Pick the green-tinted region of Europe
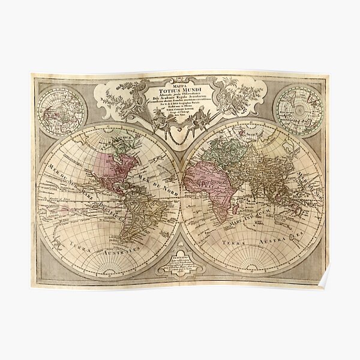pos(210,150)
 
